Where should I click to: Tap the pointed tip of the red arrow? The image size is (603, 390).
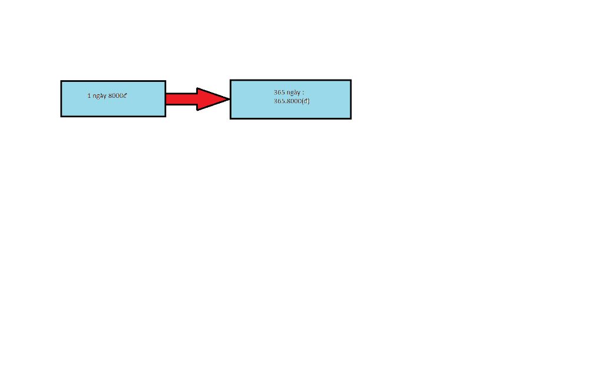click(230, 99)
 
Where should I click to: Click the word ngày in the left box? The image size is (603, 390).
click(99, 96)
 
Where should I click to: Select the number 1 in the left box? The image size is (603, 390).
click(89, 95)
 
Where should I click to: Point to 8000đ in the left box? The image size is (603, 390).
click(117, 95)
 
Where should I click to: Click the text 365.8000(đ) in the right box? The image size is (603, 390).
click(291, 101)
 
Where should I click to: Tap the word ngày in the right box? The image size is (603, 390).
click(293, 92)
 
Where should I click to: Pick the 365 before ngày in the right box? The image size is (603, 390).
click(279, 92)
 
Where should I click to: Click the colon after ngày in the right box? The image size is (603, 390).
click(303, 93)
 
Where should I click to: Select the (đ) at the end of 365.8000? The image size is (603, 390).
click(306, 101)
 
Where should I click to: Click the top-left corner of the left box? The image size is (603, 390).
click(61, 81)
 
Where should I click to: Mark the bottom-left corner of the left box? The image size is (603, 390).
click(61, 116)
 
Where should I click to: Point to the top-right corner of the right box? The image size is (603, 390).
click(351, 80)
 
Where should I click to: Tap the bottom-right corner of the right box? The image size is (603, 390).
click(351, 118)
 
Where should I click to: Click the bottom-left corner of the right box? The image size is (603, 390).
click(231, 118)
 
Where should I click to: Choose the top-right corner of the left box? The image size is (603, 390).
click(165, 81)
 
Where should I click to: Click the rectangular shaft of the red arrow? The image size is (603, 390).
click(181, 99)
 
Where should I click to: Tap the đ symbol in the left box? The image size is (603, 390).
click(125, 95)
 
